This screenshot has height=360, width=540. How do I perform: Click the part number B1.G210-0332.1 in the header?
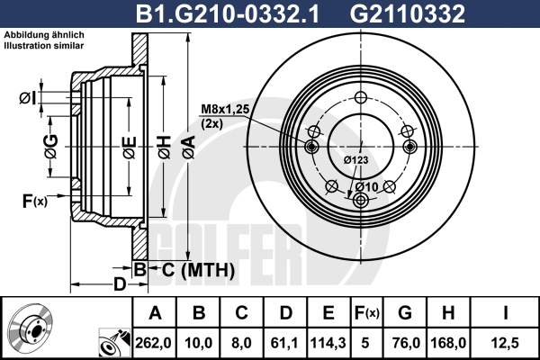(x=228, y=13)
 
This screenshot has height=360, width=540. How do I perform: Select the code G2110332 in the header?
(x=408, y=13)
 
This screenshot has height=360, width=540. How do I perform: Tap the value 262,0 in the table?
(x=153, y=343)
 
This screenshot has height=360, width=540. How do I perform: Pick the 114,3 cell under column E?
(x=328, y=343)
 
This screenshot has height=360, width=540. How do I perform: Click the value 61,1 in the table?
(x=284, y=343)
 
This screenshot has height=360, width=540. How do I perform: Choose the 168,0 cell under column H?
(x=448, y=343)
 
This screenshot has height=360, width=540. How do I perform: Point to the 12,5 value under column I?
(x=506, y=343)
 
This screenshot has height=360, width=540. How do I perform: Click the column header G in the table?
(x=405, y=313)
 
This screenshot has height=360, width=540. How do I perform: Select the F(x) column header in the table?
(x=366, y=313)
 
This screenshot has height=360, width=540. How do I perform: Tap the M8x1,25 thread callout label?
(x=225, y=109)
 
